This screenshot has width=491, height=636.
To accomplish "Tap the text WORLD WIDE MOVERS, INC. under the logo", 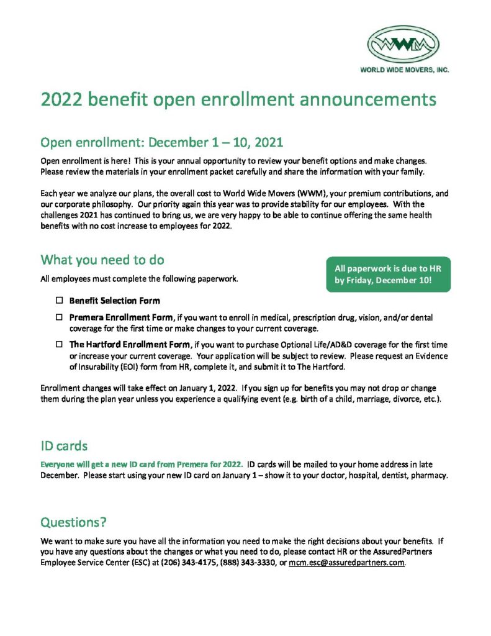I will (404, 70).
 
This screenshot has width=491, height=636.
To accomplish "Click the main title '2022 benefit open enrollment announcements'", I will (238, 99).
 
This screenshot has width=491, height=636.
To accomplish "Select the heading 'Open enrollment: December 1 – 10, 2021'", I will (161, 142).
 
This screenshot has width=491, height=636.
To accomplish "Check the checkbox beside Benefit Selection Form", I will (60, 301).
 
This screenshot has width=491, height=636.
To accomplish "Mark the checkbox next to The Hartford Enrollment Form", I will (60, 344).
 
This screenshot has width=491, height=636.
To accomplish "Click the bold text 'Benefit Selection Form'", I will (114, 301).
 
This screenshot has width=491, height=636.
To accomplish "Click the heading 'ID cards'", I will (64, 446).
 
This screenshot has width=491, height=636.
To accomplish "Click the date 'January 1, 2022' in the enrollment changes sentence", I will (202, 388).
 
